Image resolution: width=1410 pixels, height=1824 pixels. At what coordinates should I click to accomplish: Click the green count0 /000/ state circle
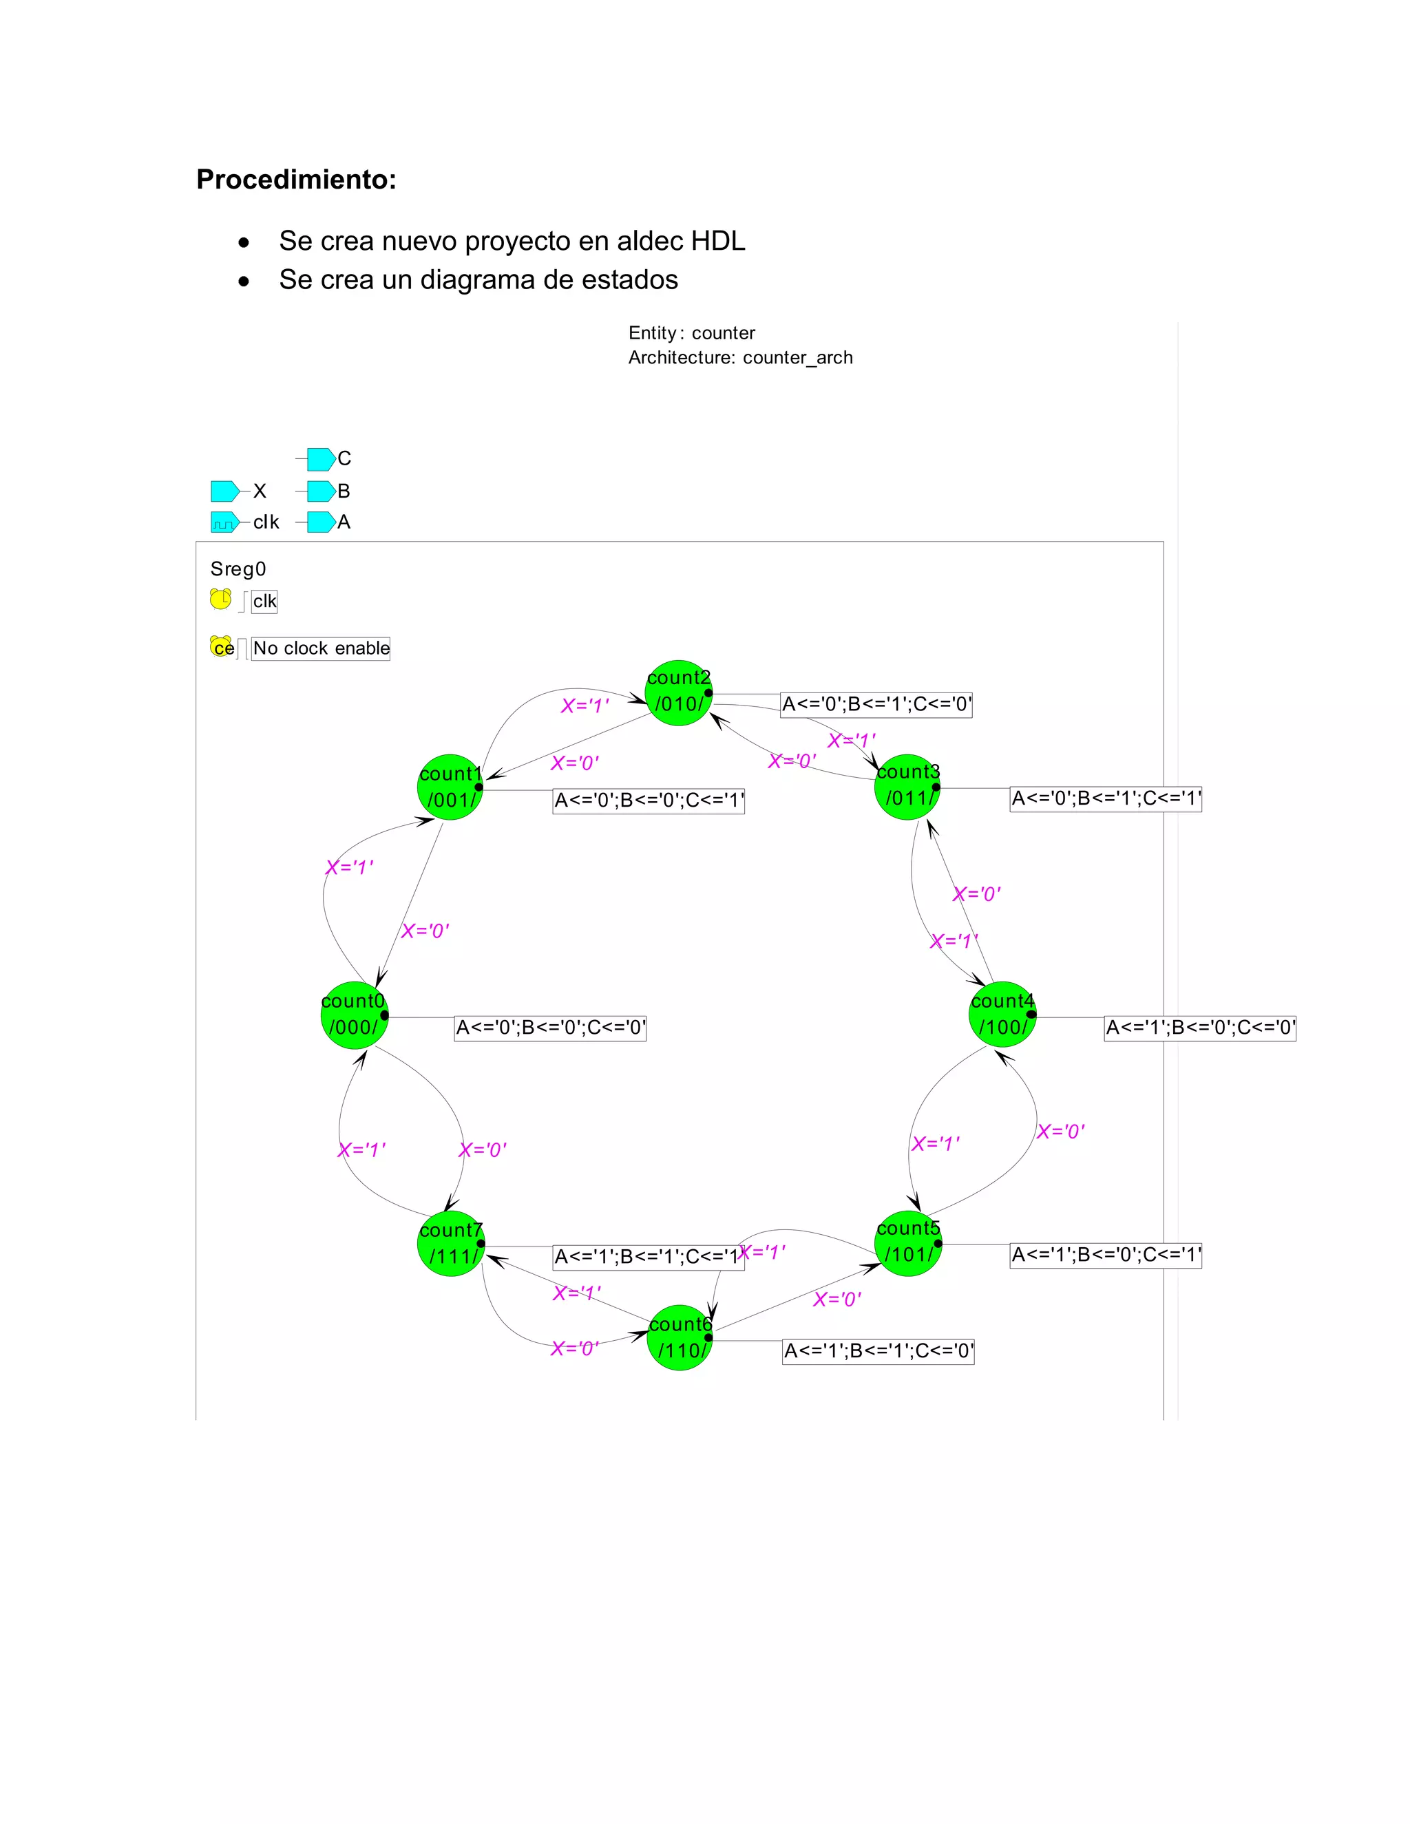coord(354,1015)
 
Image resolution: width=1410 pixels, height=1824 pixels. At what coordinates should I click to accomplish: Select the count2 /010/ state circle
coord(678,692)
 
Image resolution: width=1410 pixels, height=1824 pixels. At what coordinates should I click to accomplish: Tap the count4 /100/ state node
coord(1002,1015)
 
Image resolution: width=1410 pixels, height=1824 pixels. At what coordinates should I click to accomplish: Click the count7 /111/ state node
coord(451,1244)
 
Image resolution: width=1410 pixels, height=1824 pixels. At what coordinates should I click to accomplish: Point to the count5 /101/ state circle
coord(908,1242)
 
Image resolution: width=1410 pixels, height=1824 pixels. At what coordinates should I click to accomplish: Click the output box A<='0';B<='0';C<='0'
coord(549,1027)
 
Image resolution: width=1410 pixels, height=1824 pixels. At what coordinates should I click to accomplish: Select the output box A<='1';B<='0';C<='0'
coord(1199,1027)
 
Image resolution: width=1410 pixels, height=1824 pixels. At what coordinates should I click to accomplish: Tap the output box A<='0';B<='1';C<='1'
coord(1105,798)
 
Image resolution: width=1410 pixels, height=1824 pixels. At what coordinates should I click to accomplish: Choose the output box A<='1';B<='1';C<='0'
coord(878,1351)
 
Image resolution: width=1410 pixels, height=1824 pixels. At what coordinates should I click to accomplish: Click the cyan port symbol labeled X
coord(224,490)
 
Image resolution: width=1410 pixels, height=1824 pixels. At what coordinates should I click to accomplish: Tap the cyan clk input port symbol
coord(224,522)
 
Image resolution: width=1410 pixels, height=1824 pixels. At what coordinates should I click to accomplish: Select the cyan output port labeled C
coord(321,458)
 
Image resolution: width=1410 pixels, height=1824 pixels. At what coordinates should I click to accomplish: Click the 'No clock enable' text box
coord(321,648)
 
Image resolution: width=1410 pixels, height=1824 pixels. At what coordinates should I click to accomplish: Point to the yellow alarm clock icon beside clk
coord(220,599)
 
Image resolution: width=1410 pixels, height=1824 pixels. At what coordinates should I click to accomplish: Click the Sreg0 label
coord(238,569)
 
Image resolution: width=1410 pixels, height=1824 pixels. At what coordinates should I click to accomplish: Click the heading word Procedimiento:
coord(295,180)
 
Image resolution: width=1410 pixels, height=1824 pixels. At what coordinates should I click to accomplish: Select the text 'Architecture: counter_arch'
coord(740,357)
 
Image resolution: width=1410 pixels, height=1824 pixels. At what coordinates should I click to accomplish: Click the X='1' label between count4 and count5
coord(935,1143)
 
